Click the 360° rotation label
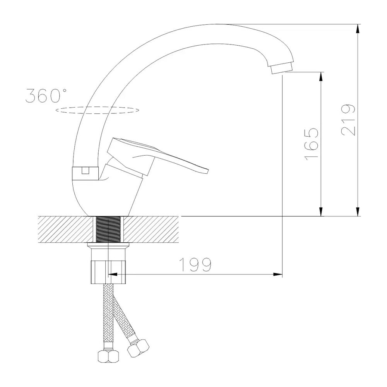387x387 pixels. click(x=46, y=96)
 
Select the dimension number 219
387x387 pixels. click(x=348, y=120)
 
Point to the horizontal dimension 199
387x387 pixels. click(x=195, y=265)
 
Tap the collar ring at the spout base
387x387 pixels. click(x=85, y=173)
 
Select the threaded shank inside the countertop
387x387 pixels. click(x=108, y=229)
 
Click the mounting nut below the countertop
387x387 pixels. click(x=108, y=272)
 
